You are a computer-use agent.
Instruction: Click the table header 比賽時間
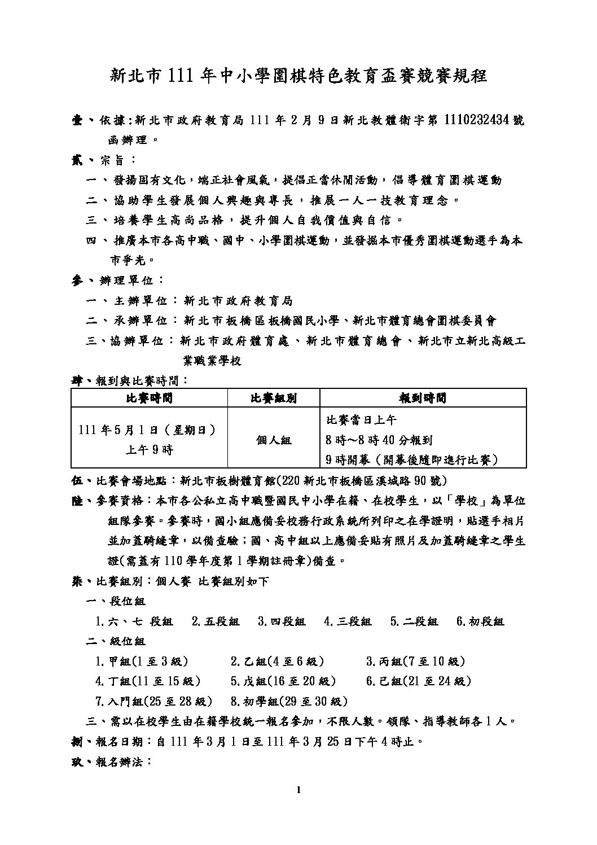(x=149, y=398)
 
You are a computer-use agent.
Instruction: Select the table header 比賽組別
(x=273, y=398)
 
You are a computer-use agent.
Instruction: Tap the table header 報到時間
(x=423, y=398)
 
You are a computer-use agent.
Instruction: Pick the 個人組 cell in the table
(x=273, y=440)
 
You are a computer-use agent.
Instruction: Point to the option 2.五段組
(x=216, y=621)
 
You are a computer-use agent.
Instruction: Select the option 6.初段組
(x=480, y=621)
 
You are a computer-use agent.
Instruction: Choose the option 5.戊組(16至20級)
(x=283, y=681)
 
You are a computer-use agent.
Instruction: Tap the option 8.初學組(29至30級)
(x=288, y=702)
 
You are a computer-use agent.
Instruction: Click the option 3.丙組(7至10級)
(x=415, y=662)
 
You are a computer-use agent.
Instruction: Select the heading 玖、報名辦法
(x=109, y=762)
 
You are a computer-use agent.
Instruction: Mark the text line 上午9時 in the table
(x=149, y=450)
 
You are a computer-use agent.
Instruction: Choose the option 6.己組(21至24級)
(x=418, y=681)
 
